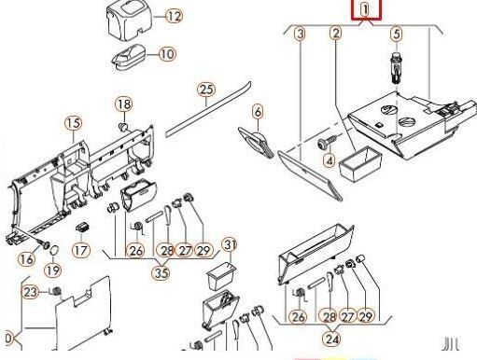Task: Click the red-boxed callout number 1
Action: tap(366, 9)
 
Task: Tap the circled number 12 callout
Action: tap(174, 16)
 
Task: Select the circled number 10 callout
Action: tap(167, 54)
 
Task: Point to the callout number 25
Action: tap(206, 90)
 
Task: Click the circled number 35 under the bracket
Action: tap(161, 273)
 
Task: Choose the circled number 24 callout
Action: tap(331, 339)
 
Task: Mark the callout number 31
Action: tap(230, 245)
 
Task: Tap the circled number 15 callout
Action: tap(74, 123)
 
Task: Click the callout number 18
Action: tap(124, 104)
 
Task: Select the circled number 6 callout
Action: tap(258, 112)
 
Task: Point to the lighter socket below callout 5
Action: tap(396, 68)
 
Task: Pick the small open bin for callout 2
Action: tap(360, 163)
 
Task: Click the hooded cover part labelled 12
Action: tap(130, 21)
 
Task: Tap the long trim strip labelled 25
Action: tap(208, 109)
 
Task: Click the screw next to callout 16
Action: tap(43, 244)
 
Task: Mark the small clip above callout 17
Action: tap(83, 227)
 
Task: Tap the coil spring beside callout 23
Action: tap(56, 291)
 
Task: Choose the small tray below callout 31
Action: tap(221, 276)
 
